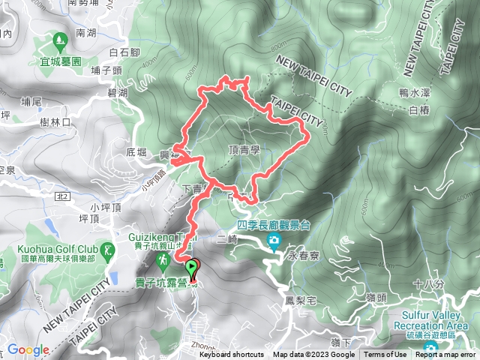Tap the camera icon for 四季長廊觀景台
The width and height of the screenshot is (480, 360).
point(274,241)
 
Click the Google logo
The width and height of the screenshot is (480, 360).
point(28,349)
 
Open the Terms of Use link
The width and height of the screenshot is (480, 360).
point(385,355)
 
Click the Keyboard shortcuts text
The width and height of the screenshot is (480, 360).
point(232,355)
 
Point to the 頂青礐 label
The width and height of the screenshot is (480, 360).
point(244,149)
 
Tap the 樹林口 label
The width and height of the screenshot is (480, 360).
point(55,121)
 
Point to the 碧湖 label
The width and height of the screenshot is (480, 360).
point(118,92)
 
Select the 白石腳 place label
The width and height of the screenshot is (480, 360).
point(124,52)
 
